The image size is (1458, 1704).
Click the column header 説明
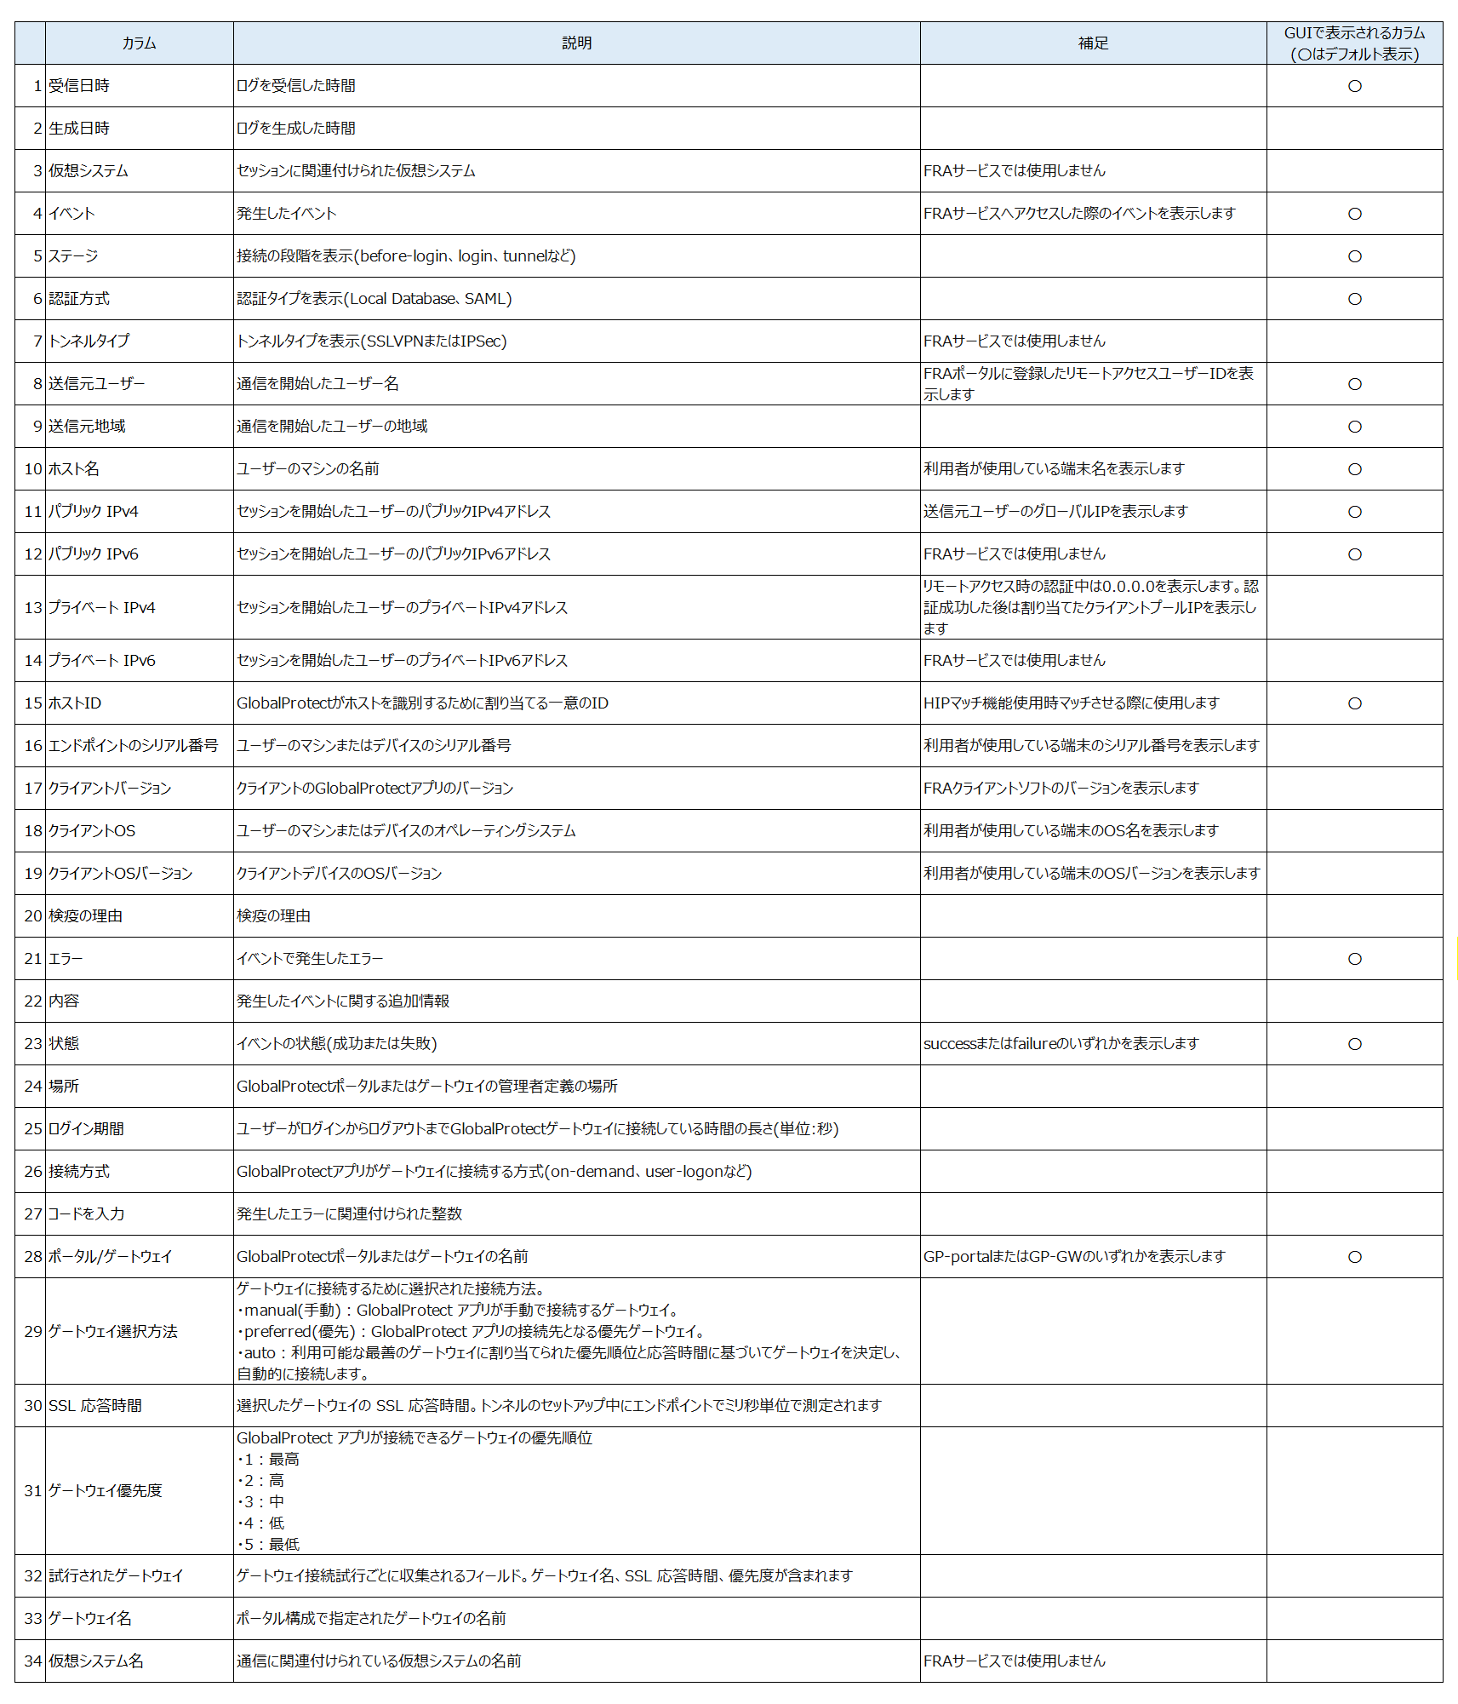click(x=576, y=43)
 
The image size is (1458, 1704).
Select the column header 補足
click(x=1093, y=43)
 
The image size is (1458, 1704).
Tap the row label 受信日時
click(x=79, y=86)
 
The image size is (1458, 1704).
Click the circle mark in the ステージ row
click(x=1354, y=256)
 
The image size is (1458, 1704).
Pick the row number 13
click(x=32, y=607)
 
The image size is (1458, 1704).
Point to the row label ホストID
click(x=75, y=703)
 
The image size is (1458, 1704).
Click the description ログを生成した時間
click(x=296, y=129)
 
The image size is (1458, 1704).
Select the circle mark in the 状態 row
click(x=1354, y=1044)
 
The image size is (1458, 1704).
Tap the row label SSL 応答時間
click(x=95, y=1406)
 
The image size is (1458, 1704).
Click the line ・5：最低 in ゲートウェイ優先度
click(x=268, y=1544)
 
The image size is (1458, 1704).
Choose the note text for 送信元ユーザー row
click(x=1088, y=384)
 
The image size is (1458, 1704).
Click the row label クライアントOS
click(x=92, y=831)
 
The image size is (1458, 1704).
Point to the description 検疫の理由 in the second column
click(x=273, y=916)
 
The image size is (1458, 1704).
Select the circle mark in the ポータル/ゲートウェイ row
click(x=1354, y=1257)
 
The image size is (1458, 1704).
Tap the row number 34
click(x=32, y=1661)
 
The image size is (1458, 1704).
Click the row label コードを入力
click(x=87, y=1214)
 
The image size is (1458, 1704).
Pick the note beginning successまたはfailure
click(x=1061, y=1044)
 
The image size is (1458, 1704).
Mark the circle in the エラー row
click(x=1354, y=959)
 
